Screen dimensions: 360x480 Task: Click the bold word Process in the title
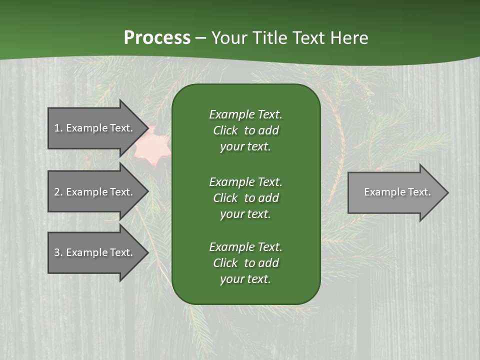[157, 38]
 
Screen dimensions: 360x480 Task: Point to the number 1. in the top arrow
[58, 128]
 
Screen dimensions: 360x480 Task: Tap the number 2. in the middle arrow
[58, 192]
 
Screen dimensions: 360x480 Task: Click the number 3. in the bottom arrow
[58, 252]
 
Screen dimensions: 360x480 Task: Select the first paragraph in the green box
[245, 130]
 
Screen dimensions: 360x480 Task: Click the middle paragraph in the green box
[245, 198]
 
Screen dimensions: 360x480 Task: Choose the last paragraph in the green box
[245, 263]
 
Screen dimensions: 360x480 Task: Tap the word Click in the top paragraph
[225, 131]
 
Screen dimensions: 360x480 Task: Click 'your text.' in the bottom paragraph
[245, 279]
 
